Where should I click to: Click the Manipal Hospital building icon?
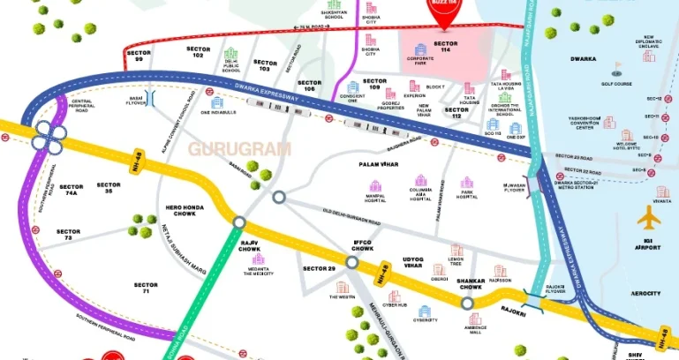[x=375, y=186]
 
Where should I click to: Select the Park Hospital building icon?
[x=467, y=184]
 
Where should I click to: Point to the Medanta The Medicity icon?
[x=258, y=259]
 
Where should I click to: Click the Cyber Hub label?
[x=396, y=305]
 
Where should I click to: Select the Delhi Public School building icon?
[x=231, y=55]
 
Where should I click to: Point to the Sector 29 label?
[x=319, y=267]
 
